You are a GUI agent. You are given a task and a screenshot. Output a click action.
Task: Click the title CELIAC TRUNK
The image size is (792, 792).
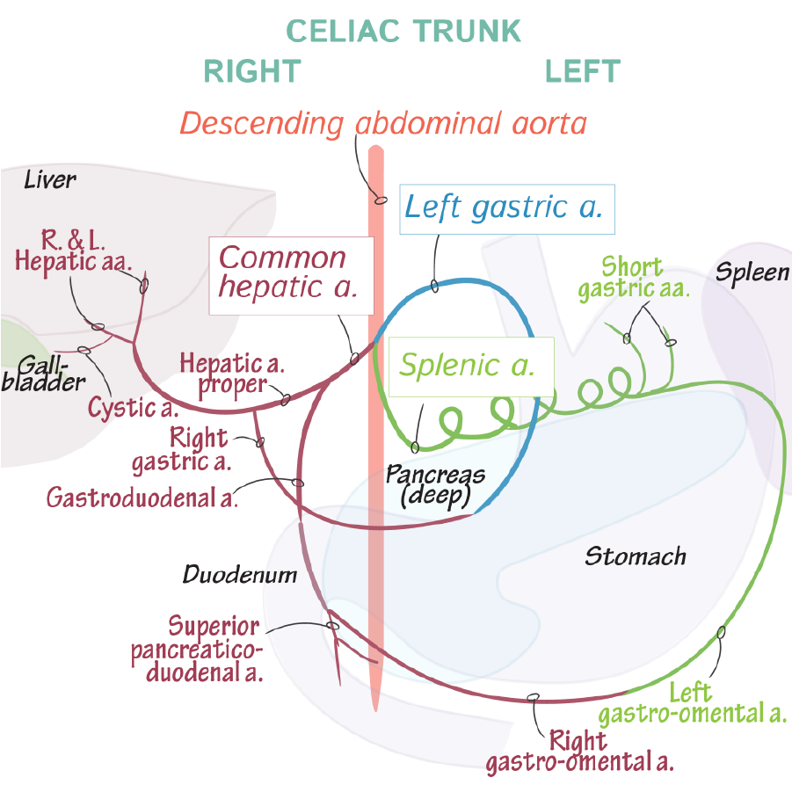(x=403, y=31)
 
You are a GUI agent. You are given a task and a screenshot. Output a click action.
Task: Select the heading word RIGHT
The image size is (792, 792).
(x=252, y=71)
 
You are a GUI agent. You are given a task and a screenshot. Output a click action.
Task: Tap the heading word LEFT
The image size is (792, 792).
(x=582, y=71)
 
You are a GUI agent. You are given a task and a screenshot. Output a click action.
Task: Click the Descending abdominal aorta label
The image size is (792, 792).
(x=382, y=122)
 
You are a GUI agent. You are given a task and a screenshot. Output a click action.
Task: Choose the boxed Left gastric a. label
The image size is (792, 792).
(x=504, y=208)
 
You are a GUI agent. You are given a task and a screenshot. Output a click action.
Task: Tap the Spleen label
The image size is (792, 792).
(x=752, y=272)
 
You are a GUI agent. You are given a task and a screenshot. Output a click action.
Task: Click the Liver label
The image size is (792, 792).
(x=50, y=180)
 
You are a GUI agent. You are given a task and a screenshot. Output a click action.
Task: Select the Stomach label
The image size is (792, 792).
(x=635, y=556)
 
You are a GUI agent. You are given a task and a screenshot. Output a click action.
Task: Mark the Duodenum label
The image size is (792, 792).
(x=239, y=576)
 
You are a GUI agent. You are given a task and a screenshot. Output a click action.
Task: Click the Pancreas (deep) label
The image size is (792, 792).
(x=435, y=486)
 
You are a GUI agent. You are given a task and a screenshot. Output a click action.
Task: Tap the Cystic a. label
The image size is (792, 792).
(x=133, y=408)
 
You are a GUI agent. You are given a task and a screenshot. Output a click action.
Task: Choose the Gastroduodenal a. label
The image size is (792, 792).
(x=143, y=498)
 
